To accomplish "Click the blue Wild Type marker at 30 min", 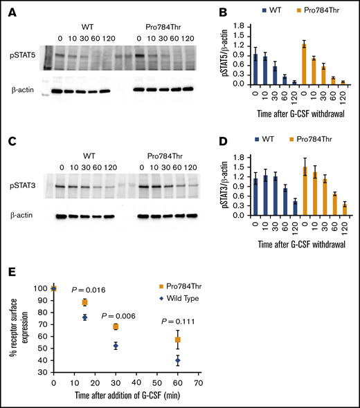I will [x=116, y=346].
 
